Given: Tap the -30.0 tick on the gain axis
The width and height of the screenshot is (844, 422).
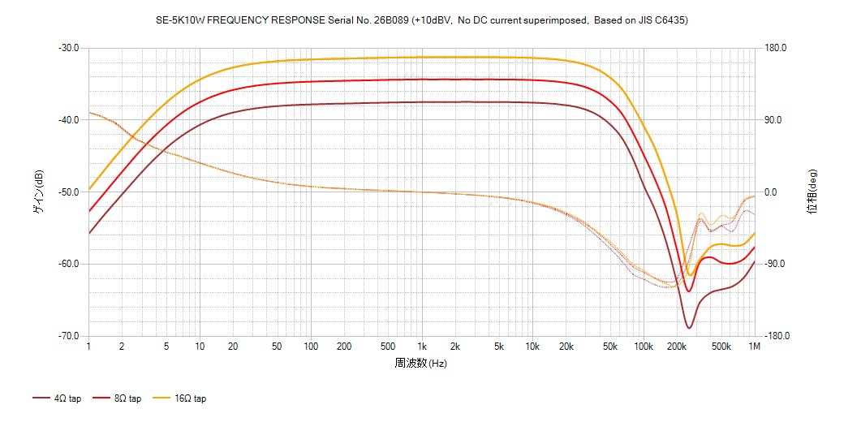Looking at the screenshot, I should point(68,48).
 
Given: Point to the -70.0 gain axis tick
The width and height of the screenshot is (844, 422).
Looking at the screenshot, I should point(68,336).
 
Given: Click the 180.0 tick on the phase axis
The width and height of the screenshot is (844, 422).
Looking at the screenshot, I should point(776,48).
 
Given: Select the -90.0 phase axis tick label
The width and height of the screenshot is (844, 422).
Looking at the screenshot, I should point(776,264).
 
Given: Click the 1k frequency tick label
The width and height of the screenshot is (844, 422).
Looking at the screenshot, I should point(421,347).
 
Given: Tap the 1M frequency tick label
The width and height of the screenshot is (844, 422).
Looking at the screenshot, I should point(754,347).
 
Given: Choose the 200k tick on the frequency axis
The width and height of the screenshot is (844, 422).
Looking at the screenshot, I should point(676,347).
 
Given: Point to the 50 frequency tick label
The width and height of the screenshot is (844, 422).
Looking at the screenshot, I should point(277,347).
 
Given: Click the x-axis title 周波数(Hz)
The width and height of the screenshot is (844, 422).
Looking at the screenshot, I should point(420,363).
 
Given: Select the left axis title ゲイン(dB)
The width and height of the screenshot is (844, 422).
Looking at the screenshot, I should point(38,192).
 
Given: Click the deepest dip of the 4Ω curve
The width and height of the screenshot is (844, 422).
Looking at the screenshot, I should point(689,328).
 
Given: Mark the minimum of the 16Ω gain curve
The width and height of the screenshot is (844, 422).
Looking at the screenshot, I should point(690,275).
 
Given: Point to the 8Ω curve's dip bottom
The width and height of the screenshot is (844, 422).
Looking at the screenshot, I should point(689,291).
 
